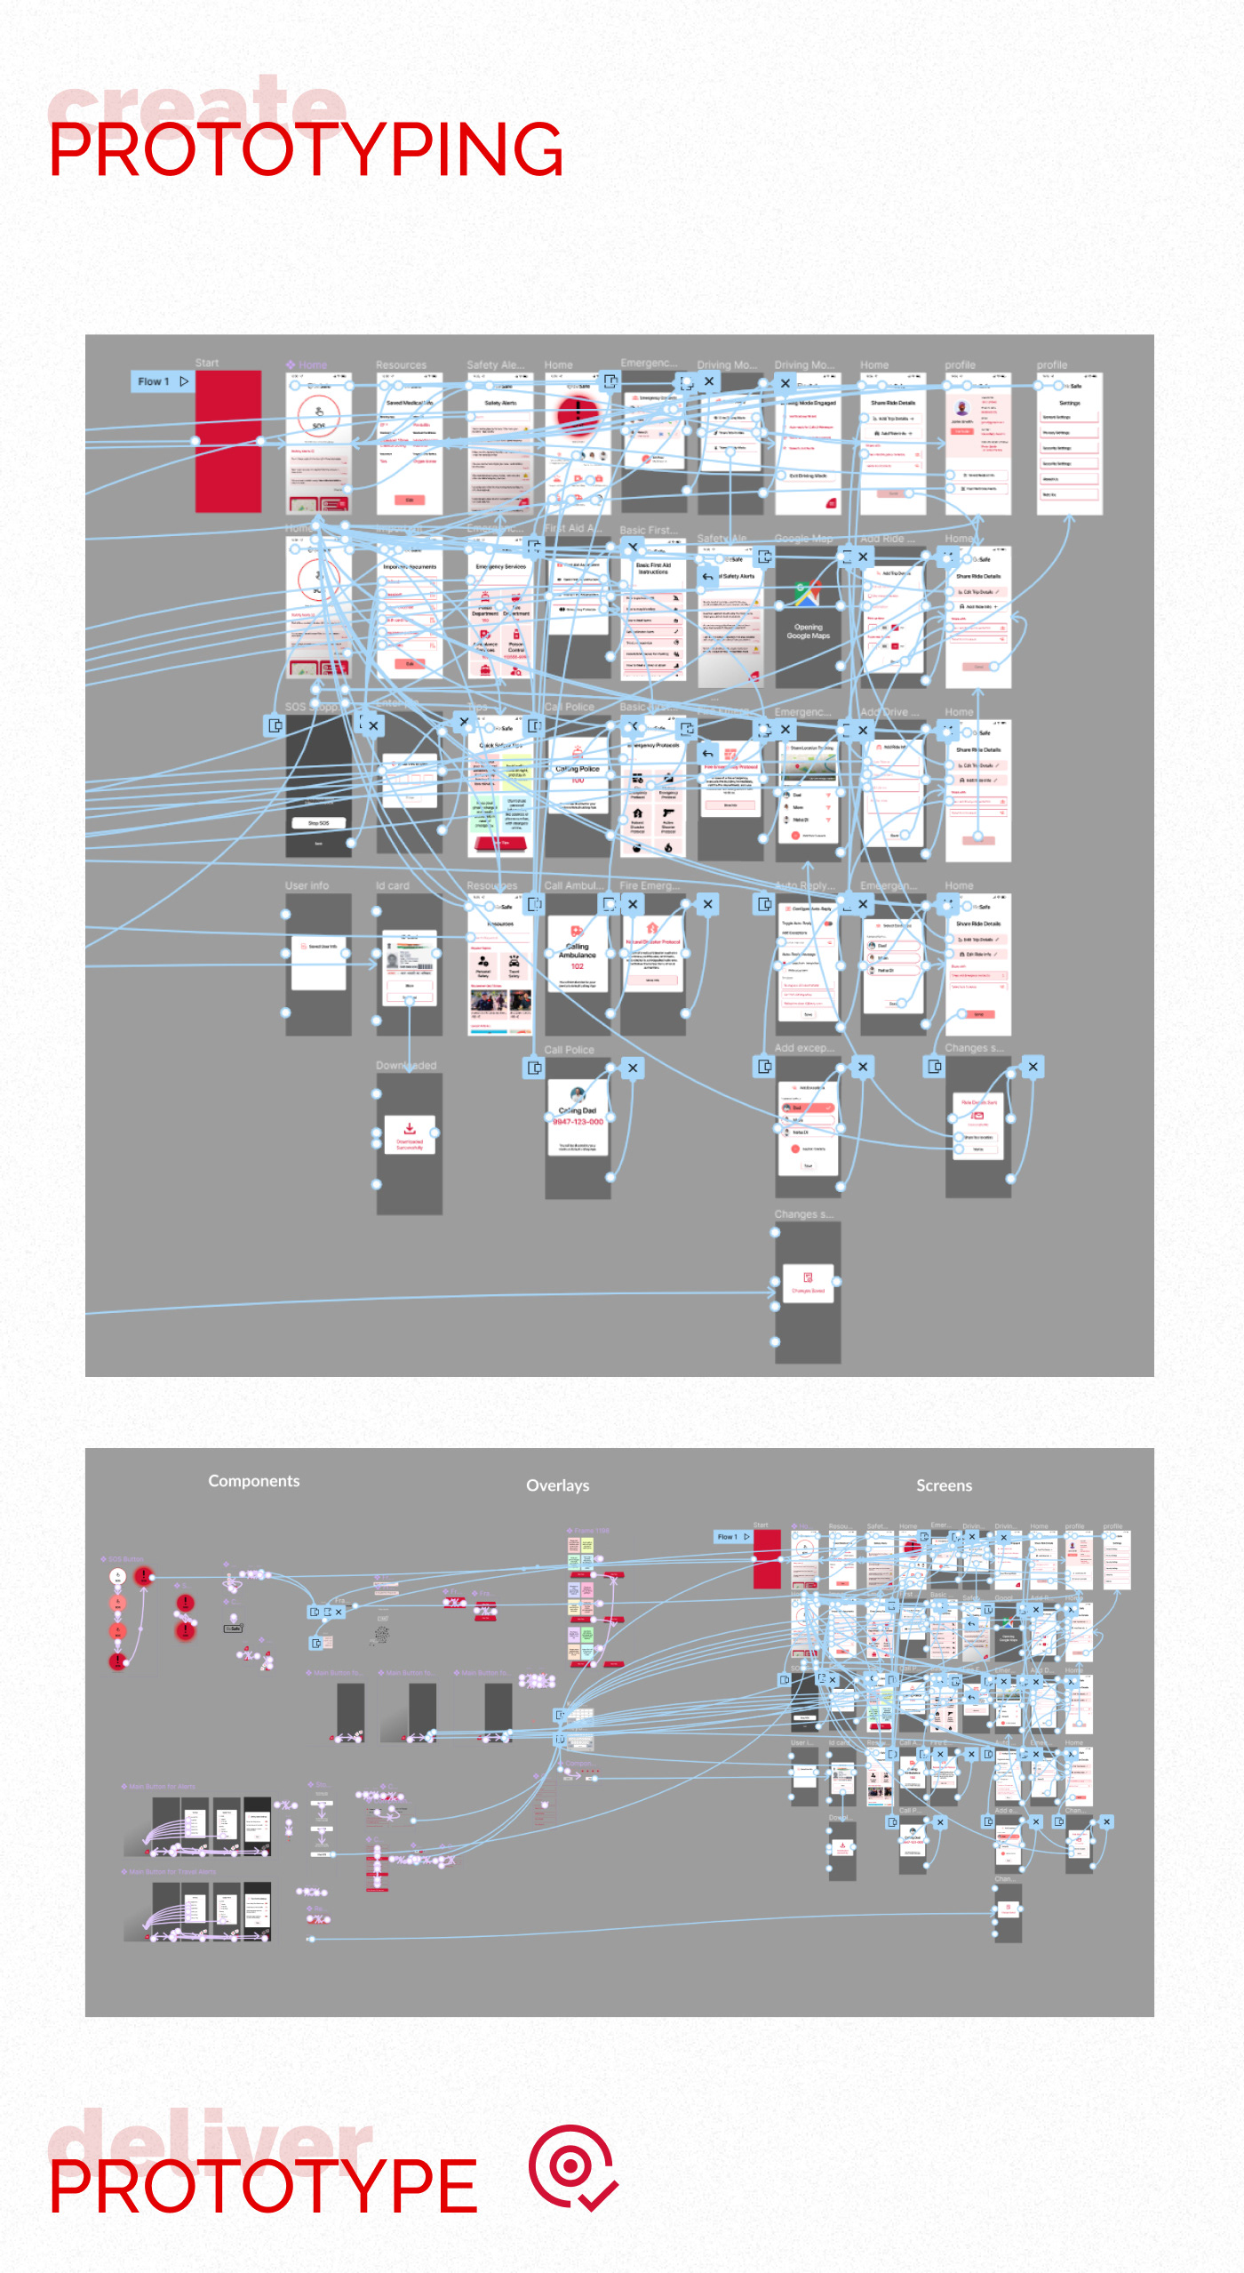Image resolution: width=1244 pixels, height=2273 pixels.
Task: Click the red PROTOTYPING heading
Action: click(306, 149)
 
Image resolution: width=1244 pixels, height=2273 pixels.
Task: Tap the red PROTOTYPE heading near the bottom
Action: click(263, 2186)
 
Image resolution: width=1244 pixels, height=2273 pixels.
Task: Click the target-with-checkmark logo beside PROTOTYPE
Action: click(572, 2168)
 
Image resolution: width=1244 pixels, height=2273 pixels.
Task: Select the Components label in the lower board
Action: click(253, 1481)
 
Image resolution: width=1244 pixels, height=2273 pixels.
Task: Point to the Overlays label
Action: click(557, 1485)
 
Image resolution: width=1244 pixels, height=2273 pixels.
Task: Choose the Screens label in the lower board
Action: click(944, 1485)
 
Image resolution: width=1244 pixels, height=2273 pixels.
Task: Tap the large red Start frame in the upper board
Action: click(228, 441)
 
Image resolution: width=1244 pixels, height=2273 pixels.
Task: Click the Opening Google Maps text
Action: click(808, 631)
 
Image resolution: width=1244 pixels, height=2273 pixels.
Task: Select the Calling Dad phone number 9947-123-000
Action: click(578, 1122)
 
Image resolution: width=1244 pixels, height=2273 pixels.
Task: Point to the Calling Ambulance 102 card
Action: click(578, 956)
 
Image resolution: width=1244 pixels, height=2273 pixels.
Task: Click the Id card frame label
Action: click(392, 885)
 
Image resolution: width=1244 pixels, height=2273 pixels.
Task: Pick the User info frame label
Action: click(307, 885)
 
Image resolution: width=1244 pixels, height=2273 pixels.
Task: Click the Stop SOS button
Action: click(318, 823)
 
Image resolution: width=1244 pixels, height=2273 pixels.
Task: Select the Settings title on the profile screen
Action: click(1069, 403)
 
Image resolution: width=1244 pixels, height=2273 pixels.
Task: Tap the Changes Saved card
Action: click(808, 1283)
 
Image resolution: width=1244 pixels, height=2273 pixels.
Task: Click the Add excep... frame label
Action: click(804, 1048)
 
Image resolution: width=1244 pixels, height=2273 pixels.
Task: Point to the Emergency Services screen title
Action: click(500, 566)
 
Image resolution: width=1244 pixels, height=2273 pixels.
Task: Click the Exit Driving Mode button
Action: click(807, 476)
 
